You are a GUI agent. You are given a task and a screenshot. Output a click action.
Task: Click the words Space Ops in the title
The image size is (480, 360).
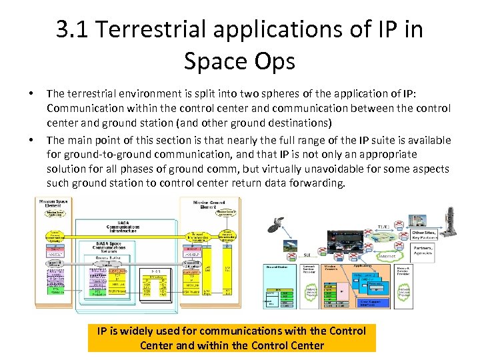[x=239, y=61]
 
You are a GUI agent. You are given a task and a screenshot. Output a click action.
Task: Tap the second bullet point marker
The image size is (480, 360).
[x=32, y=141]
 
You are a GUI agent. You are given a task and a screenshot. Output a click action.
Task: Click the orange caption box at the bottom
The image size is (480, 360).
[x=231, y=338]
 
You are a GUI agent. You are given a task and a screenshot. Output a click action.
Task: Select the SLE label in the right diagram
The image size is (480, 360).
[x=307, y=254]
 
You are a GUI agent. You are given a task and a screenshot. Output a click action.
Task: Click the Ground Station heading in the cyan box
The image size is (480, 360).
[x=277, y=267]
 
